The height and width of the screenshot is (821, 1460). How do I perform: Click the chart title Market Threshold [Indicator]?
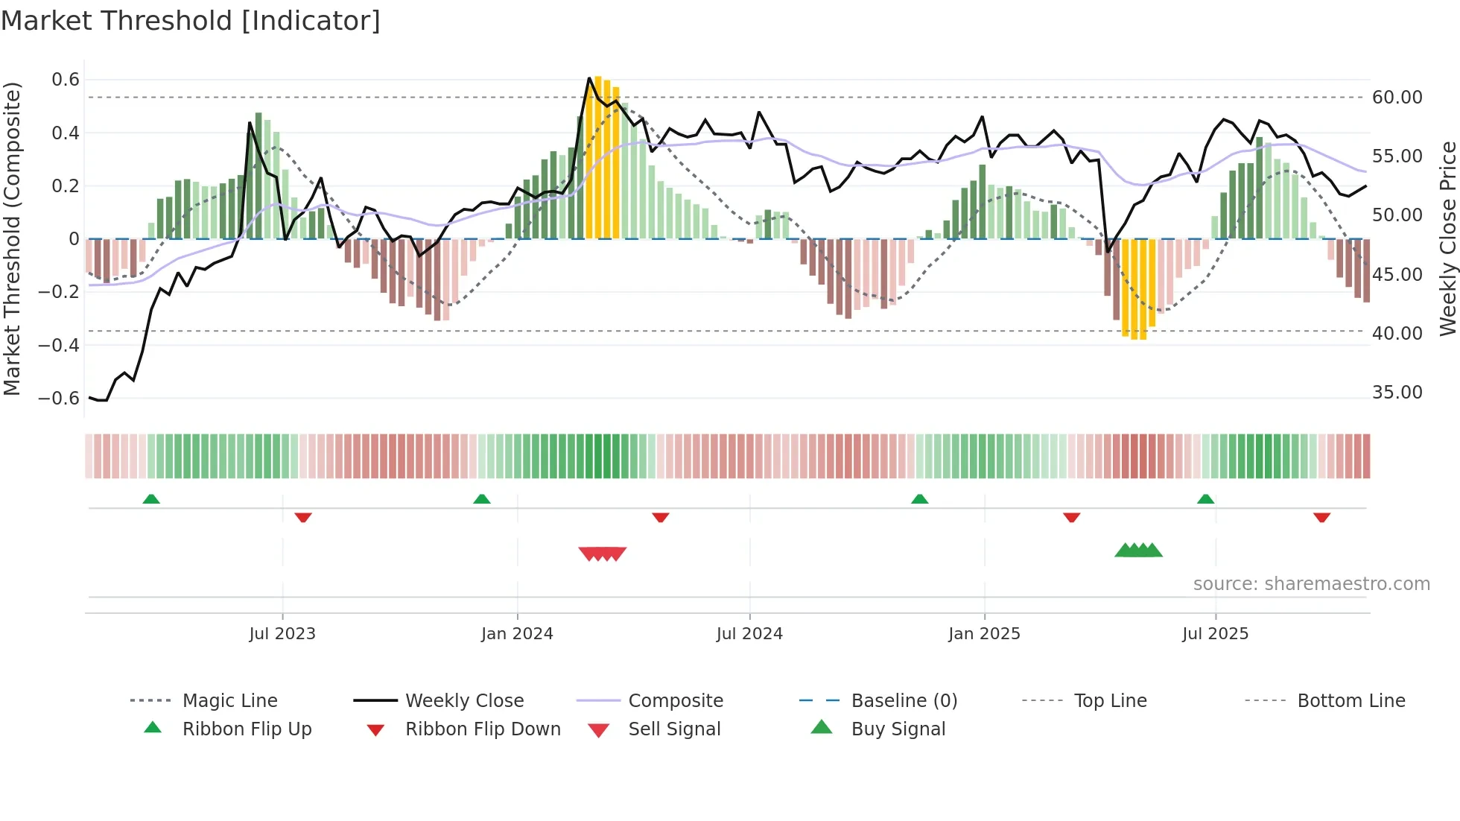pos(191,21)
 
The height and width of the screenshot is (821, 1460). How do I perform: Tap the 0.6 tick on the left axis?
pos(66,80)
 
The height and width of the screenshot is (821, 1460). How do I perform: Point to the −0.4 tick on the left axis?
pos(59,345)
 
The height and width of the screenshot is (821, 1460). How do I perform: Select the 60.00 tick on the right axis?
pos(1397,98)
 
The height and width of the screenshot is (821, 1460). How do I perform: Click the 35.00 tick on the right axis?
pos(1397,393)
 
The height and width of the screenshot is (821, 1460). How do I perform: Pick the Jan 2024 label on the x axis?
pos(517,634)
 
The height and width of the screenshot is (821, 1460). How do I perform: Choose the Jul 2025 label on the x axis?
pos(1215,634)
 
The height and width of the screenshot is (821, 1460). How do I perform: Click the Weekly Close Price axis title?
pos(1447,238)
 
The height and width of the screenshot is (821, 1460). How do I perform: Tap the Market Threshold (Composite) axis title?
pos(12,238)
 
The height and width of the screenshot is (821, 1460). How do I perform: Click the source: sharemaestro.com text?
pos(1311,584)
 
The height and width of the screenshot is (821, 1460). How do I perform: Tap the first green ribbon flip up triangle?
pos(151,499)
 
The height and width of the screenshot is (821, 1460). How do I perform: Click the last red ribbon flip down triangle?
pos(1321,517)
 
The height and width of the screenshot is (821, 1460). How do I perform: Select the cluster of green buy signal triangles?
pos(1138,551)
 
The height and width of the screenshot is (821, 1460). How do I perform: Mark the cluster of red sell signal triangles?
pos(603,554)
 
